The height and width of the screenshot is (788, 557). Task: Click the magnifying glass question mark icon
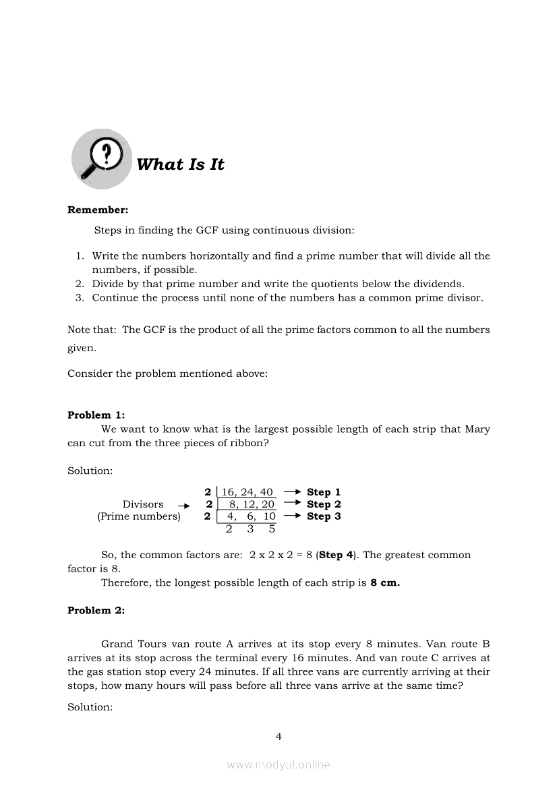pos(102,159)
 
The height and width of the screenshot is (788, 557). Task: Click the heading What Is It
pos(180,164)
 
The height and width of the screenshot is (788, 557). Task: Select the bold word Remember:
pos(98,210)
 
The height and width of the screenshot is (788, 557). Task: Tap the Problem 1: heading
pos(96,415)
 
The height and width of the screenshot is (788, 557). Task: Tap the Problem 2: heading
pos(96,610)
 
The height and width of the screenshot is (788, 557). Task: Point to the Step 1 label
pos(324,492)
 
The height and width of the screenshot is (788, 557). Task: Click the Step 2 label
pos(324,504)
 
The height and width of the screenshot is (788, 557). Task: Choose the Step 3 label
pos(324,516)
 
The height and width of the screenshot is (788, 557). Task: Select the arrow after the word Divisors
pos(183,505)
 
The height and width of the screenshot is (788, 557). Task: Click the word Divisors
pos(143,504)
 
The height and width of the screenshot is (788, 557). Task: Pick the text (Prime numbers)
pos(139,516)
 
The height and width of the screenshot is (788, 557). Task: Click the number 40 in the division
pos(266,492)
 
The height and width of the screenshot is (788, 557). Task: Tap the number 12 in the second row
pos(249,504)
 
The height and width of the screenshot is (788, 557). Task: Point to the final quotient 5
pos(272,529)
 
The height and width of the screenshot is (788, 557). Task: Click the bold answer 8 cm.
pos(385,582)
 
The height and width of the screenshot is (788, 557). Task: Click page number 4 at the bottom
pos(278,736)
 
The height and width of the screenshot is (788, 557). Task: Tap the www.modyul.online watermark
pos(278,764)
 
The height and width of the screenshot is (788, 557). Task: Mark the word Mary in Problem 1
pos(477,429)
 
